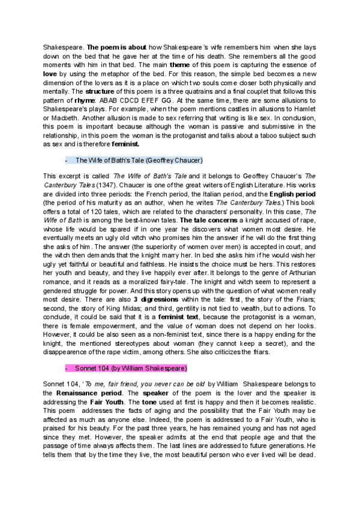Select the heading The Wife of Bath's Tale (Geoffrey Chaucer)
click(x=139, y=160)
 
